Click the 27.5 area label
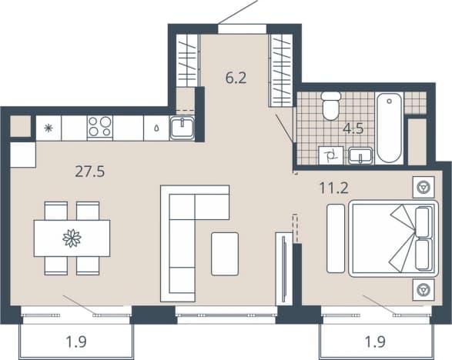pyautogui.click(x=89, y=172)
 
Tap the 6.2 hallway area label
pyautogui.click(x=236, y=78)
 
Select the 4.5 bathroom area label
pyautogui.click(x=353, y=128)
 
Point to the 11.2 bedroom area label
pyautogui.click(x=334, y=188)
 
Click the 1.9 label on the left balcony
pyautogui.click(x=76, y=342)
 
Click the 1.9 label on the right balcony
pyautogui.click(x=375, y=342)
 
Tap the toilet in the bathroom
pyautogui.click(x=330, y=105)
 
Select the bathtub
pyautogui.click(x=389, y=128)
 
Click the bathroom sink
pyautogui.click(x=360, y=155)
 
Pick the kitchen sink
pyautogui.click(x=182, y=128)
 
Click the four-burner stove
pyautogui.click(x=100, y=127)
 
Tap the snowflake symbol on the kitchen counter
pyautogui.click(x=49, y=128)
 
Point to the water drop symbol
pyautogui.click(x=156, y=128)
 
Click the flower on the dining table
pyautogui.click(x=72, y=238)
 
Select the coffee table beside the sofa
pyautogui.click(x=225, y=254)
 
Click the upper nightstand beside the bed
pyautogui.click(x=424, y=187)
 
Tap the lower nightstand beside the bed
pyautogui.click(x=424, y=289)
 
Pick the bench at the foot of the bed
pyautogui.click(x=336, y=238)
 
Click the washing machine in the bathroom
pyautogui.click(x=331, y=155)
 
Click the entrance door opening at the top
pyautogui.click(x=242, y=29)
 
